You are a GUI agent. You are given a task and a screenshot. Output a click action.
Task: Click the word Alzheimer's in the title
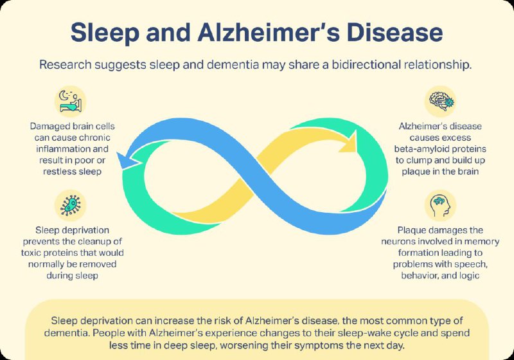(269, 32)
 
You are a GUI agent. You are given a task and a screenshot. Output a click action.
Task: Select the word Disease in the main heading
(395, 32)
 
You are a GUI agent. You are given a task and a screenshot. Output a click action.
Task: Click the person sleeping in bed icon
(70, 102)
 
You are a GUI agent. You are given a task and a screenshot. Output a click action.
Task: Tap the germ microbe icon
(70, 205)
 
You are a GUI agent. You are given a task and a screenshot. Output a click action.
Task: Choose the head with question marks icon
(441, 205)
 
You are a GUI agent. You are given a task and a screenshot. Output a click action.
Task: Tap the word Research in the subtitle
(66, 64)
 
